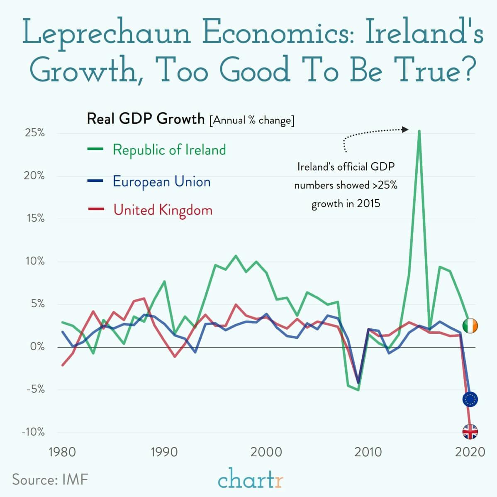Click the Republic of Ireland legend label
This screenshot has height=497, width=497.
coord(169,149)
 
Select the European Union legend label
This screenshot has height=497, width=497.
coord(162,182)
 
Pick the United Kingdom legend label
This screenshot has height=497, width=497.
coord(163,210)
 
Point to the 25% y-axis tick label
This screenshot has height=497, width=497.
coord(34,133)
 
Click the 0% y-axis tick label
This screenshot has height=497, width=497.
coord(37,347)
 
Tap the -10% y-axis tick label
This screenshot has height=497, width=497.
coord(33,432)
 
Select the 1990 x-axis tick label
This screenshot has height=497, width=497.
coord(164,451)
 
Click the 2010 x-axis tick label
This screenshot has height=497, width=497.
coord(368,451)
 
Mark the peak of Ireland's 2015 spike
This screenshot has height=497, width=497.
coord(419,131)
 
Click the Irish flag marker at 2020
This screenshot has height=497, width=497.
coord(470,326)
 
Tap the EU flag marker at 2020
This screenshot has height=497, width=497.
coord(470,399)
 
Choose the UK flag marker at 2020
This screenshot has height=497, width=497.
coord(470,432)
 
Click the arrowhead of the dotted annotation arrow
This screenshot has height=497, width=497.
coord(405,130)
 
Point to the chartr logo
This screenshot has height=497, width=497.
coord(251,480)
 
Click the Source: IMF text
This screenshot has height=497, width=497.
coord(50,480)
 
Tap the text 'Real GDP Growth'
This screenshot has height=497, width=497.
coord(146,119)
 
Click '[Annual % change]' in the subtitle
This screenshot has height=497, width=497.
coord(252,120)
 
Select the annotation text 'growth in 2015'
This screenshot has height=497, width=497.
coord(346,204)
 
